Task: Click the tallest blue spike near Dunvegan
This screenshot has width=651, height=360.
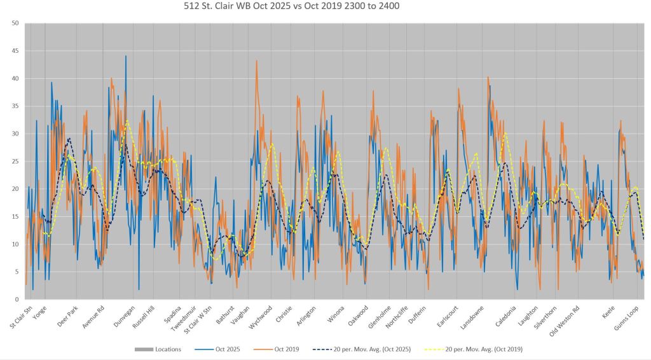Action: (x=126, y=57)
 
